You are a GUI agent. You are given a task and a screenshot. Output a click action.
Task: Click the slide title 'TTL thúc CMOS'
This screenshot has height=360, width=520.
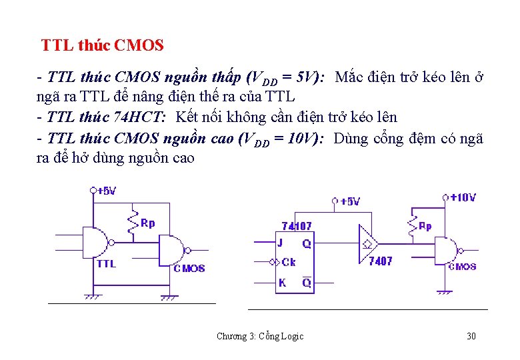point(102,46)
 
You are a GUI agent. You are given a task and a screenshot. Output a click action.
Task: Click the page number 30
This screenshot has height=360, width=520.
point(471,336)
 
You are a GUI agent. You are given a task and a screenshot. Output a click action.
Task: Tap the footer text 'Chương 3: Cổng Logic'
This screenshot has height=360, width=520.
point(260,336)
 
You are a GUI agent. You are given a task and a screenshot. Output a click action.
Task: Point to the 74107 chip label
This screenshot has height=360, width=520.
point(296,227)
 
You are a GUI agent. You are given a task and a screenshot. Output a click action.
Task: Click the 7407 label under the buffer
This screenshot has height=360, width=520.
point(381,261)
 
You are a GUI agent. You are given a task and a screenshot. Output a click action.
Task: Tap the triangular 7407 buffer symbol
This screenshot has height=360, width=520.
point(367,243)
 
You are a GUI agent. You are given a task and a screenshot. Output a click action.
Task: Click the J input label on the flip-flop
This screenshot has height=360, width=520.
point(281,243)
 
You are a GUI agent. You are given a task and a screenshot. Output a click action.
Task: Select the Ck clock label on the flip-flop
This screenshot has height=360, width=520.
point(289,262)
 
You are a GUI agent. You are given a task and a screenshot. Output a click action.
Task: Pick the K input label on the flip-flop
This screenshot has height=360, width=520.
point(282,283)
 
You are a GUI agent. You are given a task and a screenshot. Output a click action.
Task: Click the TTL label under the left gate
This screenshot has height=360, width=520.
point(106,263)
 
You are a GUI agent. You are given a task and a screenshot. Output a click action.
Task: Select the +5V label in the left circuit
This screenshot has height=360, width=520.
point(106,191)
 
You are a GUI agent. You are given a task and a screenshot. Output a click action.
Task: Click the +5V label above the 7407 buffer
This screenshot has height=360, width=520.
point(349,201)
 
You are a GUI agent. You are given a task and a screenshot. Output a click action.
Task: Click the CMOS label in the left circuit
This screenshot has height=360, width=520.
point(189,268)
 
